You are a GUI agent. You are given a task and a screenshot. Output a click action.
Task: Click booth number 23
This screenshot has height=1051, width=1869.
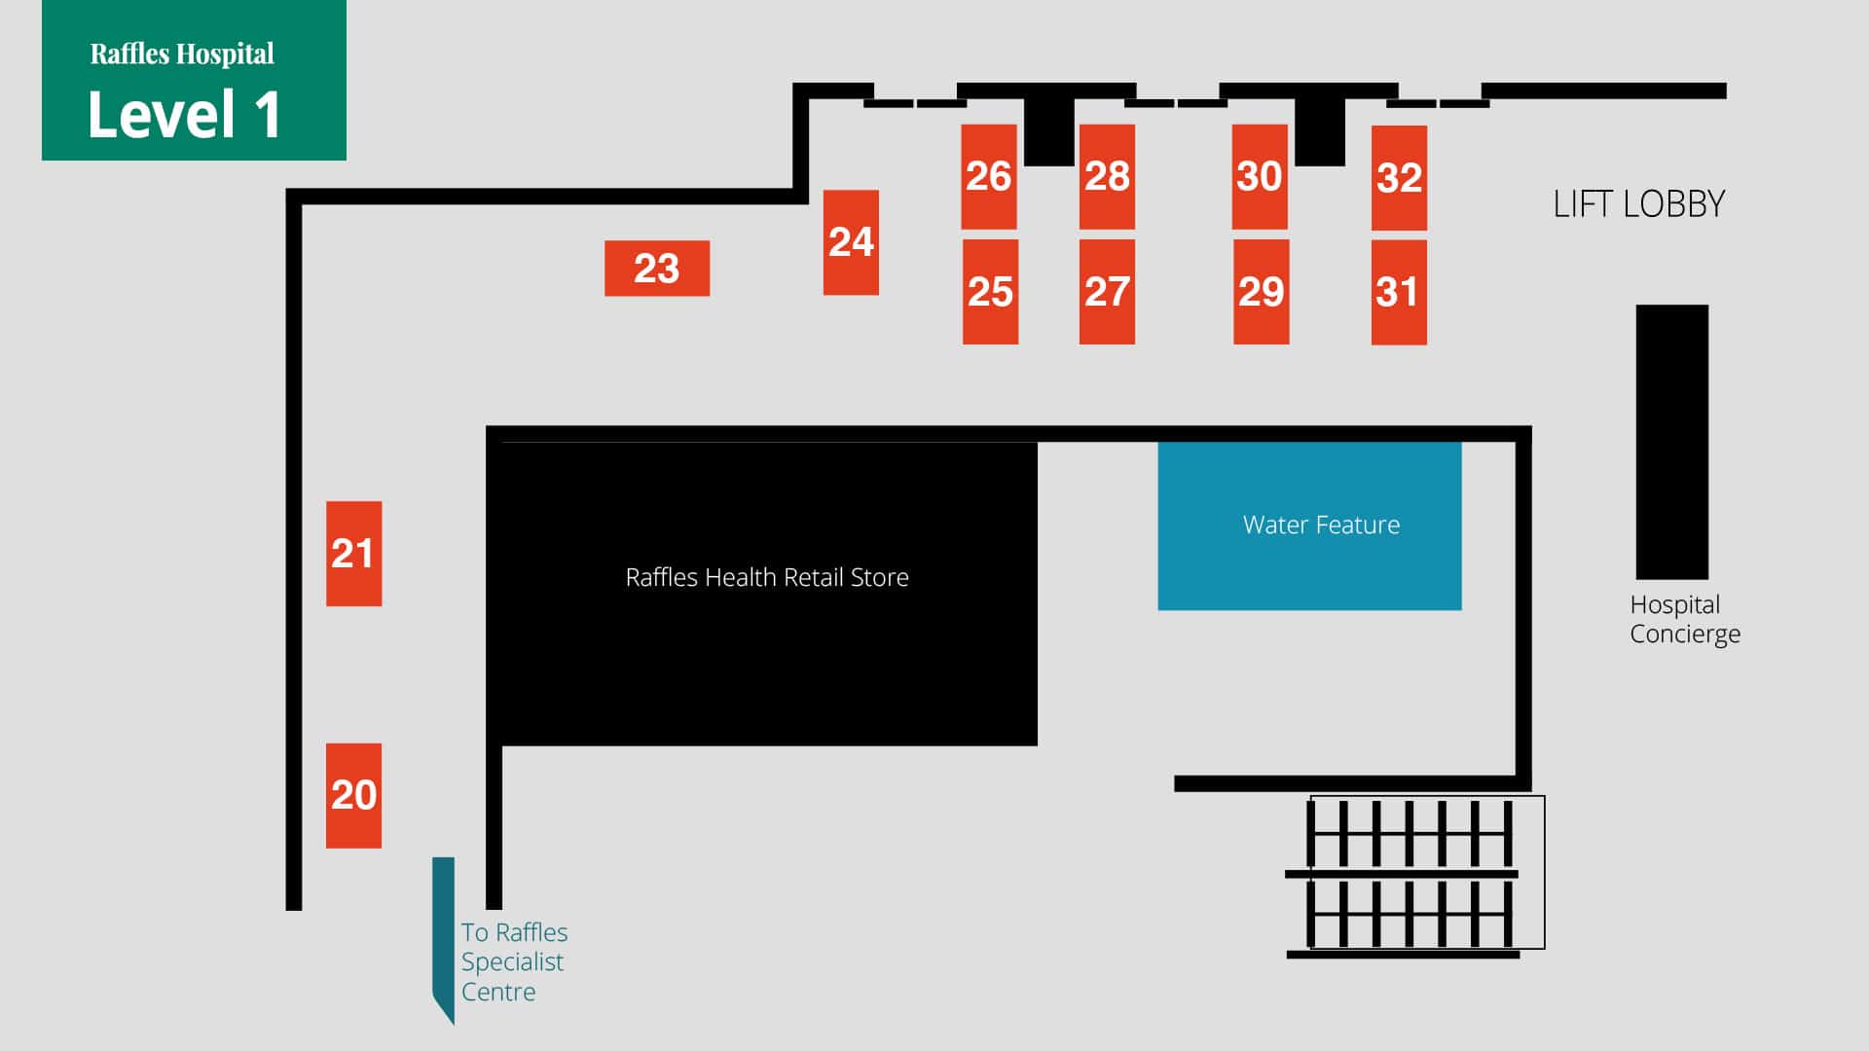[656, 269]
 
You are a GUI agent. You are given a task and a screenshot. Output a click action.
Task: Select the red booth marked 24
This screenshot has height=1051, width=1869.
[851, 242]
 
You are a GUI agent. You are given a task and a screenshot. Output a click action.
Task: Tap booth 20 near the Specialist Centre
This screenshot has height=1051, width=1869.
[353, 795]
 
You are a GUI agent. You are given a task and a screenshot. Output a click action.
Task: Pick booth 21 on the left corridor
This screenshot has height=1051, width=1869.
[353, 554]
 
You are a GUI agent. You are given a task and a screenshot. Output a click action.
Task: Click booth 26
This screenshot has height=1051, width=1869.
[988, 177]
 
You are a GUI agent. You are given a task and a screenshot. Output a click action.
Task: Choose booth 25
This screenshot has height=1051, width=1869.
[990, 292]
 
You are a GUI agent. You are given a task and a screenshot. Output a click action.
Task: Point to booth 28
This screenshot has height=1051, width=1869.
[1107, 177]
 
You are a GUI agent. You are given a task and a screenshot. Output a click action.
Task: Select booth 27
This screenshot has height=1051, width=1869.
[1107, 292]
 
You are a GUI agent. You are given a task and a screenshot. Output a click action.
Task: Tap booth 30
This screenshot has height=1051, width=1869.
[1259, 177]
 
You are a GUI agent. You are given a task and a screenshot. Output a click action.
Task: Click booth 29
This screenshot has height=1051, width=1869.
[1261, 292]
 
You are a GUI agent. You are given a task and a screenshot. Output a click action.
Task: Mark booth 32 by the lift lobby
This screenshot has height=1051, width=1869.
[1399, 178]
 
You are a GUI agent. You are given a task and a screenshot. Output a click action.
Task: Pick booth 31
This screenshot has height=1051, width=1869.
[1398, 292]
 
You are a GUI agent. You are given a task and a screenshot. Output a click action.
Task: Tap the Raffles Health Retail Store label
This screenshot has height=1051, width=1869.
[767, 577]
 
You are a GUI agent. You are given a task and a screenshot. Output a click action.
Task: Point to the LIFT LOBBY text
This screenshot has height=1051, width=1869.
[1638, 204]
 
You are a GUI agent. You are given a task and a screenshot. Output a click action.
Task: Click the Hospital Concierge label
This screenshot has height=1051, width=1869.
[1684, 619]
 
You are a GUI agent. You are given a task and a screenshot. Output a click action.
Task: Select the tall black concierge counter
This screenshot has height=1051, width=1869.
[1671, 442]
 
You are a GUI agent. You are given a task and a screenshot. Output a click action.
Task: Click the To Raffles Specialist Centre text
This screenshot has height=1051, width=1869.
[513, 961]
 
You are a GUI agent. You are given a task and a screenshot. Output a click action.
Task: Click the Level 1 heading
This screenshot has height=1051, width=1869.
[184, 115]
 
